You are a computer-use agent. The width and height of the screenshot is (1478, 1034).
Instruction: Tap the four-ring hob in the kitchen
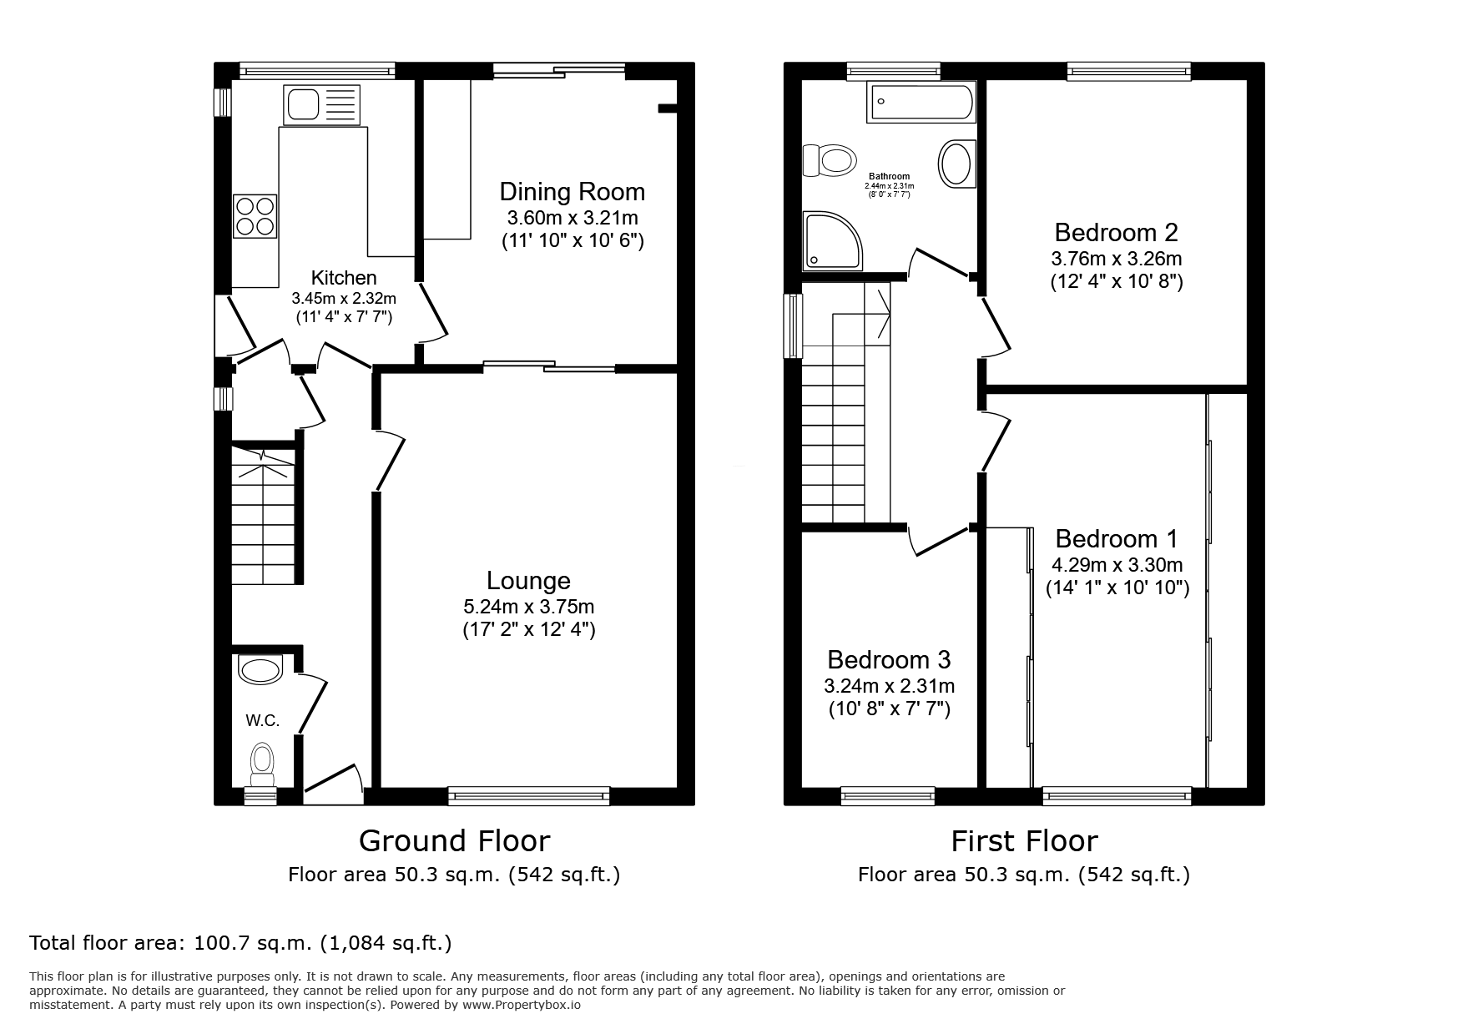pos(255,215)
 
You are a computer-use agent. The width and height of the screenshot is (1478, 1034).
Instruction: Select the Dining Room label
pos(572,192)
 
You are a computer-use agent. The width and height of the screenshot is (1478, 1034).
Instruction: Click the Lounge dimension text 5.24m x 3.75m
pos(528,607)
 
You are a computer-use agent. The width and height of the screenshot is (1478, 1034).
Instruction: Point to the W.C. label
pos(262,720)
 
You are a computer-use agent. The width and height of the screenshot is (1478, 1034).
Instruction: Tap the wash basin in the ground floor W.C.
pos(260,669)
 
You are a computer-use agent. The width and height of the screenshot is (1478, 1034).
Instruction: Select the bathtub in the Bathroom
pos(921,103)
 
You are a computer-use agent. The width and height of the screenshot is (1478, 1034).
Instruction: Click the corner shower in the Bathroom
pos(830,241)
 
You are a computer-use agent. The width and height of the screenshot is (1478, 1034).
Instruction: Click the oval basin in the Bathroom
pos(956,163)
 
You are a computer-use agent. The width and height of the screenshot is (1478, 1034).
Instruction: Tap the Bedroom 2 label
pos(1116,232)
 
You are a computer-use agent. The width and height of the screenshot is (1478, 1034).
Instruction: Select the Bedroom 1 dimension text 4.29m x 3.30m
pos(1117,565)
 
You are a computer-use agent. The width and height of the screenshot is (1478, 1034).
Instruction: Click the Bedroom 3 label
pos(889,660)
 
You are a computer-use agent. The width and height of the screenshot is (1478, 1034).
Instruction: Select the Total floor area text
pos(240,943)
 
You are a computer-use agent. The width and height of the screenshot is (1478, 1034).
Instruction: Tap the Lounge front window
pos(528,796)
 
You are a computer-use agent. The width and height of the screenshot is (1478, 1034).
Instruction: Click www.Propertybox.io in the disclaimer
pos(521,1005)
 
